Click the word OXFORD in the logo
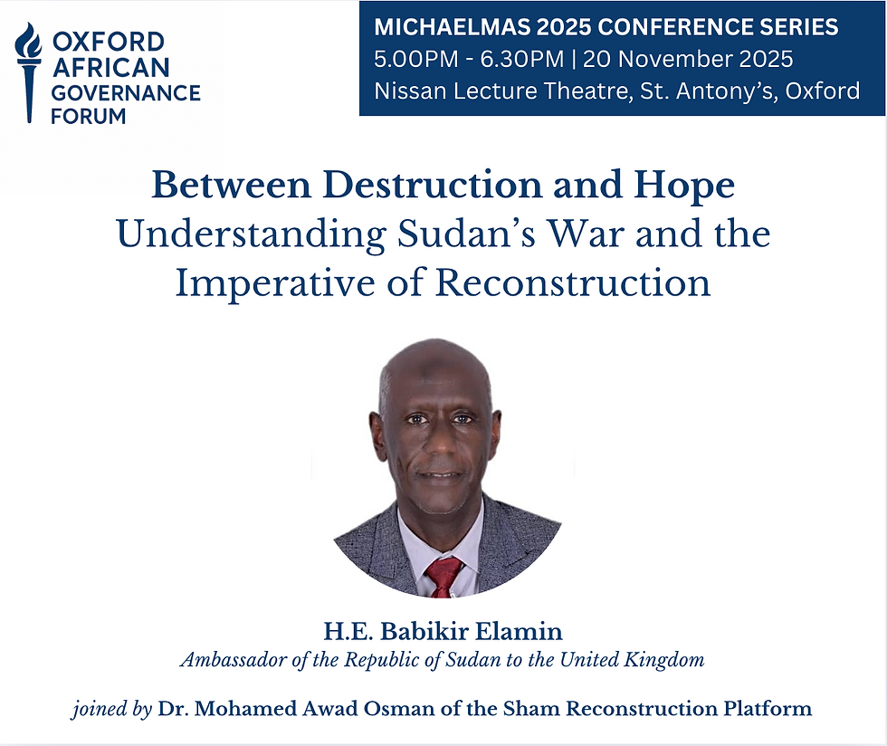(109, 42)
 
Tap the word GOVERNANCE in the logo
(126, 92)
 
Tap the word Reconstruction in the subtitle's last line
(573, 282)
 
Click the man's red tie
(444, 576)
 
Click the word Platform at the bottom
(770, 708)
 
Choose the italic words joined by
(111, 709)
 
